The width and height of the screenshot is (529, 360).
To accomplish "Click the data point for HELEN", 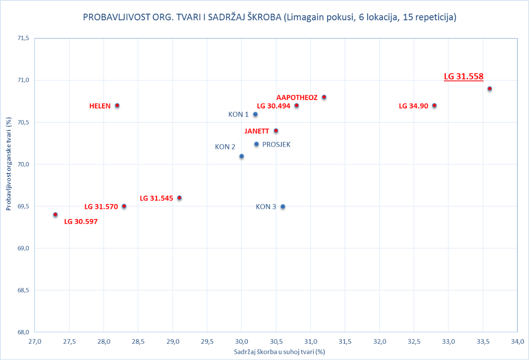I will [117, 106].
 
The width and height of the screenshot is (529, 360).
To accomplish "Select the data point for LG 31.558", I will [489, 89].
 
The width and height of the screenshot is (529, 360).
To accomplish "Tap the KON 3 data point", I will [283, 207].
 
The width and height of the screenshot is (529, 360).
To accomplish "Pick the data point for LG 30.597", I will [55, 215].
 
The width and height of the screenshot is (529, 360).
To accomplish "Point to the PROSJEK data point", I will [257, 144].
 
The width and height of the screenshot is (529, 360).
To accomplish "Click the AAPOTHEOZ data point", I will [324, 97].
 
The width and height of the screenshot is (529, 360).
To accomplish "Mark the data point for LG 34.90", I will [434, 106].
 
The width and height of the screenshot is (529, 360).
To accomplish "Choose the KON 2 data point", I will [242, 156].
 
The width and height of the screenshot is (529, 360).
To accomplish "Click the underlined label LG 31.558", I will [464, 76].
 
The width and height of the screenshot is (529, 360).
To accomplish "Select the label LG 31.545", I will [156, 198].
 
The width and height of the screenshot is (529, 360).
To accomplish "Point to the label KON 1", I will [238, 115].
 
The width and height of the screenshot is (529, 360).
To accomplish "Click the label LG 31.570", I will [101, 207].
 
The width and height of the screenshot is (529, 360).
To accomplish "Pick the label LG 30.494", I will [273, 106].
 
